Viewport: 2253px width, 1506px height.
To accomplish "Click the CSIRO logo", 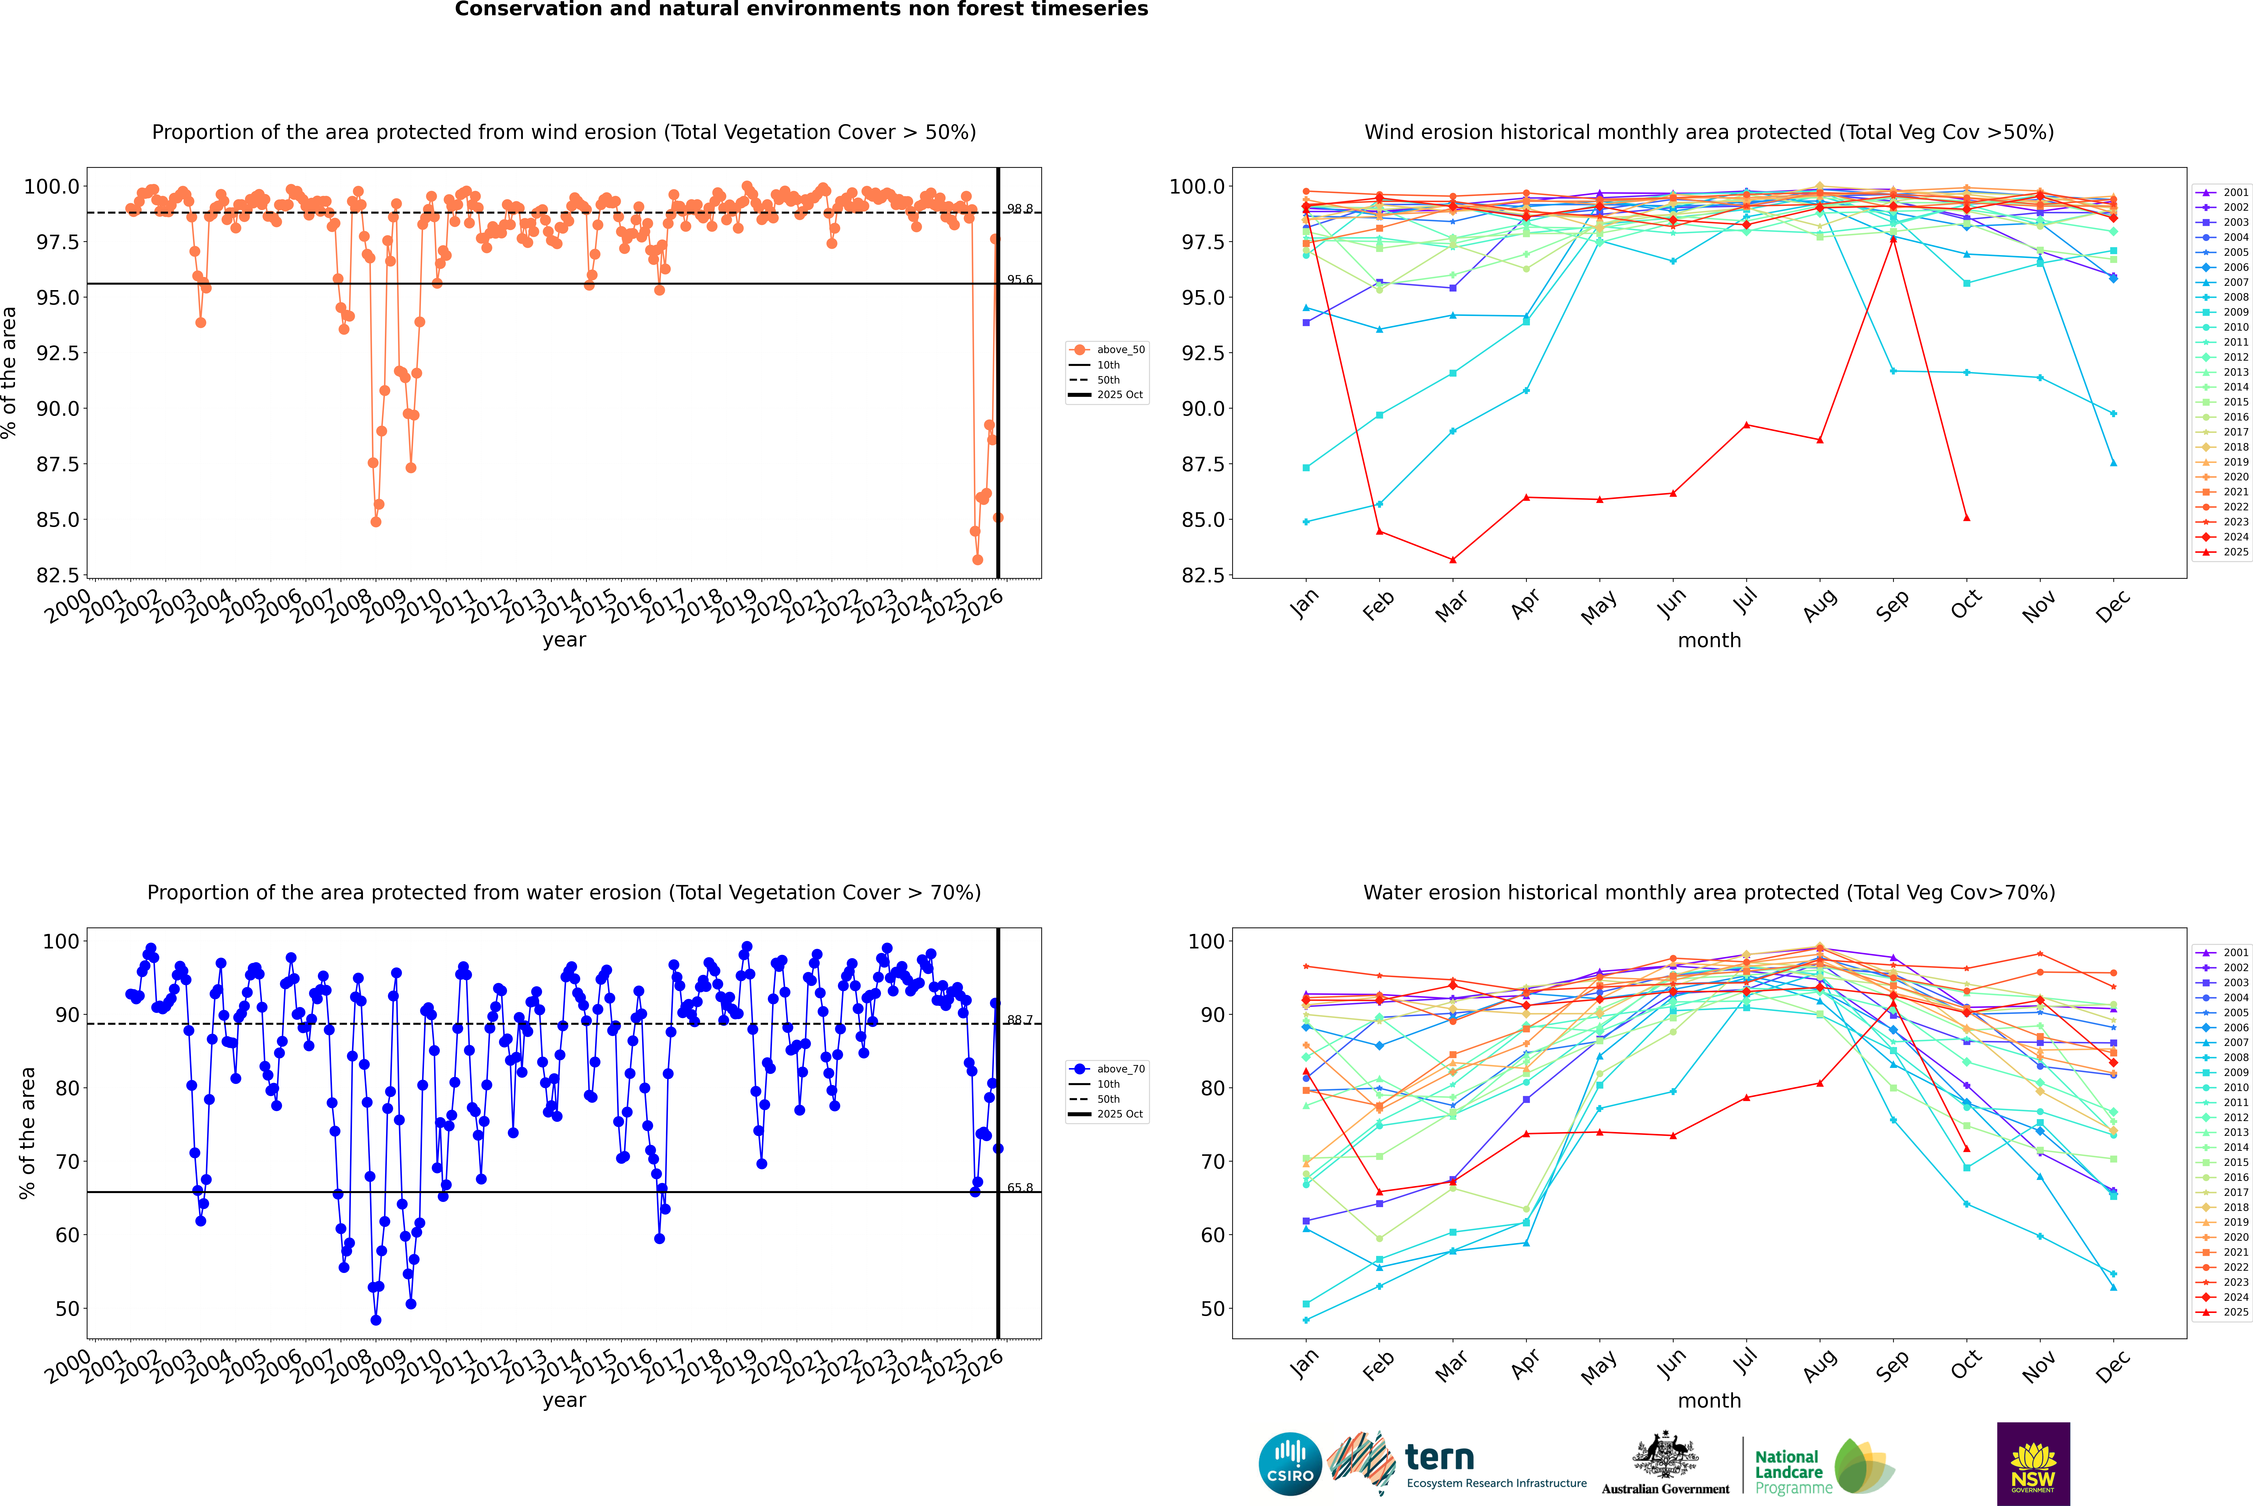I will [1290, 1464].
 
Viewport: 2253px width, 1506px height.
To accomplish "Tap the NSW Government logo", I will [2033, 1464].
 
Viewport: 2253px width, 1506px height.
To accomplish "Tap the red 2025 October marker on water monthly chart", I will [1966, 1149].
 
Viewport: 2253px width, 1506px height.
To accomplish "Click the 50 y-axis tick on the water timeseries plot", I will [67, 1308].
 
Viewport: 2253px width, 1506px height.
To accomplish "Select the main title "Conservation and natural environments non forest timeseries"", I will [801, 10].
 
